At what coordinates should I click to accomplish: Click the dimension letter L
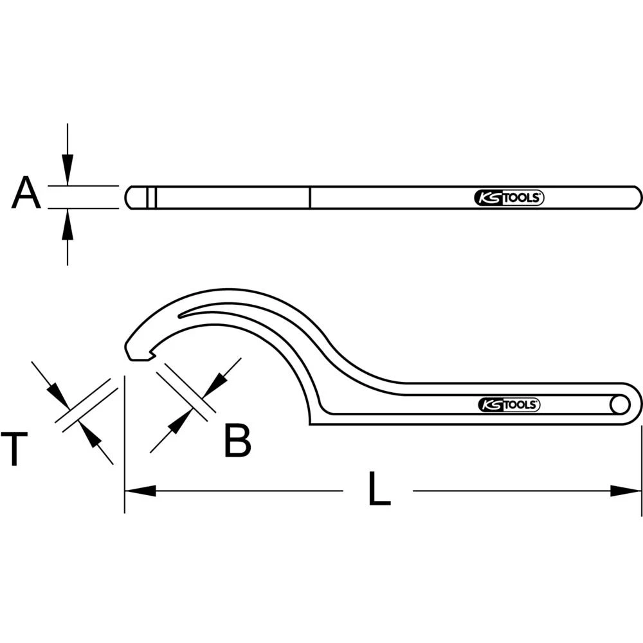tap(379, 491)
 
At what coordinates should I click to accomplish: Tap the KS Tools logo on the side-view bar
tap(509, 198)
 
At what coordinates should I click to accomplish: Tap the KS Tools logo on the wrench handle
tap(509, 404)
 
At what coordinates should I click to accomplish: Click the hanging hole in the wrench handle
tap(620, 405)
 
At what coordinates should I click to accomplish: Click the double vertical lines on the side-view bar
tap(151, 197)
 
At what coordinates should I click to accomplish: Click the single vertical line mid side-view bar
tap(309, 197)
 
